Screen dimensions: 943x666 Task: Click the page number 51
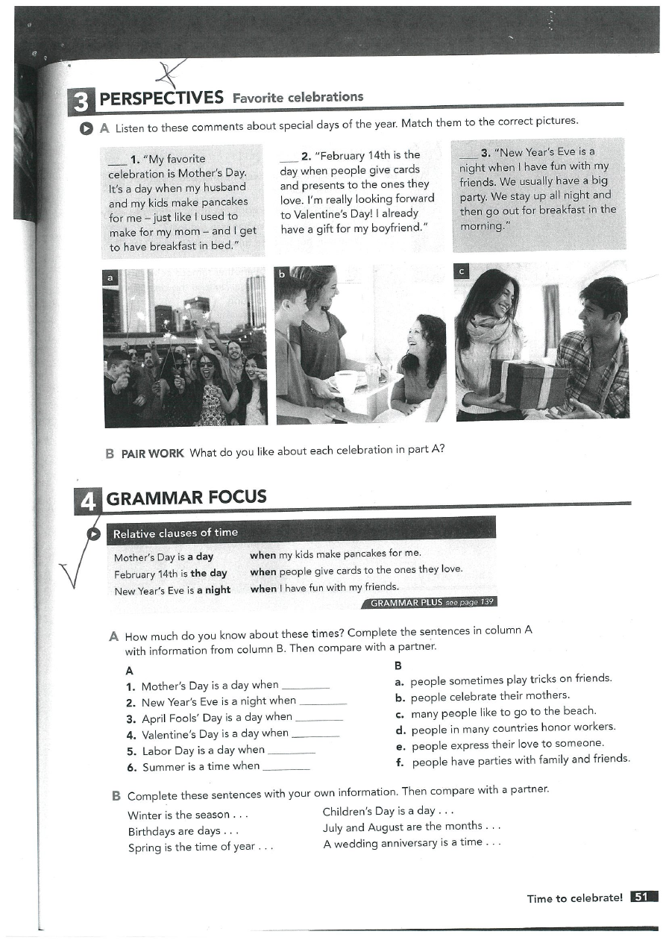pos(643,897)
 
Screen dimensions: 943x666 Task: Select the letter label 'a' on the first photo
pos(111,278)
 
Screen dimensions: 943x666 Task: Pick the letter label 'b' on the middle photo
pos(283,275)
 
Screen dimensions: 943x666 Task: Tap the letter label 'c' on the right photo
pos(462,272)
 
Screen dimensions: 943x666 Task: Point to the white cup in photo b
pos(345,380)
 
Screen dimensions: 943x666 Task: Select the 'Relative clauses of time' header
pos(175,533)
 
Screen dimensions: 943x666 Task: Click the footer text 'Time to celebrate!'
pos(574,898)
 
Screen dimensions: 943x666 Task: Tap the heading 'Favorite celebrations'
pos(298,97)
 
